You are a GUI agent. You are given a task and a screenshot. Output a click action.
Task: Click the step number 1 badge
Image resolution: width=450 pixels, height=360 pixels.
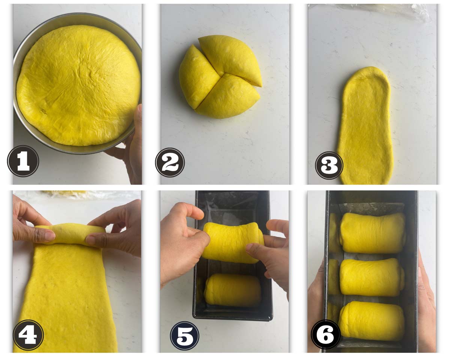coord(23,161)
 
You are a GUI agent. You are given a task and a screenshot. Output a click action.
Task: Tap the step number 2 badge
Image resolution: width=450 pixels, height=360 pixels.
coord(170,162)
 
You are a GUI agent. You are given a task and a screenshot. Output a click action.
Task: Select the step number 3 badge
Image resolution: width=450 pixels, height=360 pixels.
coord(329,165)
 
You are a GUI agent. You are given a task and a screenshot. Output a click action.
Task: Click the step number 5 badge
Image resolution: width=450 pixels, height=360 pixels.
coord(184,336)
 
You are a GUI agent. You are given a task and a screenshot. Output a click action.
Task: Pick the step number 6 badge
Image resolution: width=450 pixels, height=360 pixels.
coord(325,335)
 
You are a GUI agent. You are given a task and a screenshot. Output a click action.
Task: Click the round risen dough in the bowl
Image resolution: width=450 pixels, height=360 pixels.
coord(78,85)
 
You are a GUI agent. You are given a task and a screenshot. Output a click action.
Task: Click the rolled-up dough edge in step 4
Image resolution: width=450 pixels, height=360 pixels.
coord(70,234)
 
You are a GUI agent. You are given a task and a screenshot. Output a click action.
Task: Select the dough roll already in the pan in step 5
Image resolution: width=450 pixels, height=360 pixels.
coord(232,290)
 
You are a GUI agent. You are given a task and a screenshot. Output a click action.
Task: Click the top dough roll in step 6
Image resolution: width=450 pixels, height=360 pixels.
coord(372,232)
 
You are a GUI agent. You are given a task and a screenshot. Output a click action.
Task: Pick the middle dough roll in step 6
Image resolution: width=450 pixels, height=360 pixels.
coord(372,277)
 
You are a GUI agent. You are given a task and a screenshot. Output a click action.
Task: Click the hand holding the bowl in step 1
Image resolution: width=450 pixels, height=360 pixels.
coord(130,146)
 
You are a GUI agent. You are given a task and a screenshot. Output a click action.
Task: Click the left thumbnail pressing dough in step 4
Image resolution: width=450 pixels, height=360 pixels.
coord(50,235)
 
